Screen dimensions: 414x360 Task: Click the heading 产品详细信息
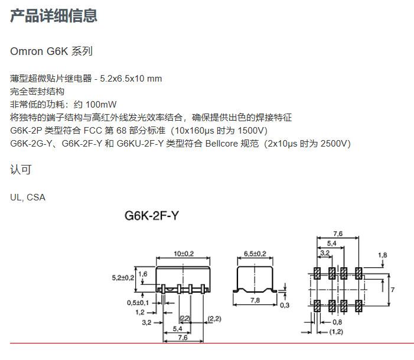pyautogui.click(x=54, y=15)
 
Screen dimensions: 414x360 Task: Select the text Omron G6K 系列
pyautogui.click(x=51, y=51)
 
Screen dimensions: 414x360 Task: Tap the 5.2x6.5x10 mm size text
pyautogui.click(x=131, y=79)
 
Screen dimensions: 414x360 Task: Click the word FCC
pyautogui.click(x=93, y=131)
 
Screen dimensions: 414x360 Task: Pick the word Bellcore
pyautogui.click(x=221, y=144)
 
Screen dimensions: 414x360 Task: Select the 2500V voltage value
pyautogui.click(x=333, y=144)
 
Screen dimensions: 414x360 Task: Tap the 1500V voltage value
pyautogui.click(x=250, y=131)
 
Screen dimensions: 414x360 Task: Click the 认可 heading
pyautogui.click(x=21, y=170)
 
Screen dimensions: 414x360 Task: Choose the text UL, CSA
pyautogui.click(x=28, y=197)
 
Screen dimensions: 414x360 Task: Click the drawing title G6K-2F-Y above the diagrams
pyautogui.click(x=152, y=216)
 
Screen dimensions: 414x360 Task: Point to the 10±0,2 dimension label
pyautogui.click(x=184, y=254)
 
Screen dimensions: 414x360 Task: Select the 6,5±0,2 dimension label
pyautogui.click(x=255, y=254)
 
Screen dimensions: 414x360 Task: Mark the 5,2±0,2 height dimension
pyautogui.click(x=123, y=278)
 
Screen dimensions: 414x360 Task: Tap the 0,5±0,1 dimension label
pyautogui.click(x=138, y=303)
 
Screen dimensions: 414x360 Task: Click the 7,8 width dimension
pyautogui.click(x=255, y=300)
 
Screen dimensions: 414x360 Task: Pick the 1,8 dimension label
pyautogui.click(x=382, y=255)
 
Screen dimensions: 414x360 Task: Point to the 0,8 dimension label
pyautogui.click(x=337, y=322)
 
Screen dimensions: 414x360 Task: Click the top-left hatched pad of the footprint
pyautogui.click(x=317, y=273)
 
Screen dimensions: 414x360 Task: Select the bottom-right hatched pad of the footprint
pyautogui.click(x=358, y=306)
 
